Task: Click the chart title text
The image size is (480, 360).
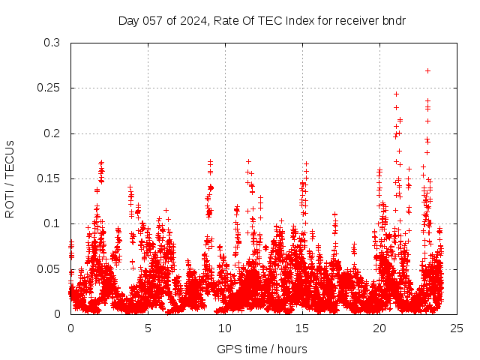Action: (262, 20)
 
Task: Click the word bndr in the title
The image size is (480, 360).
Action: (392, 20)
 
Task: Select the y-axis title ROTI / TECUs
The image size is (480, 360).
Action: (10, 178)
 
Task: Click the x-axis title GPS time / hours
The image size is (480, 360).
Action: (262, 349)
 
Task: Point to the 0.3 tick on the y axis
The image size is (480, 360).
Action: (52, 43)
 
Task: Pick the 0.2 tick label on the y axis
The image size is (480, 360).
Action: (52, 133)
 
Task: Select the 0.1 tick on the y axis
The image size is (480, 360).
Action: (52, 223)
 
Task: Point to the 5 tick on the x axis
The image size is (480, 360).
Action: (148, 328)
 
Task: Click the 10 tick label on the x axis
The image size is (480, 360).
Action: (225, 328)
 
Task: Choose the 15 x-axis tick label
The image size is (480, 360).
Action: (302, 328)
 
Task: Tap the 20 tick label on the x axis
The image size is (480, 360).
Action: (379, 328)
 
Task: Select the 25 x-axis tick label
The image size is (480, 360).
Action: (457, 328)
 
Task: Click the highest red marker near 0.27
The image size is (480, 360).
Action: (427, 70)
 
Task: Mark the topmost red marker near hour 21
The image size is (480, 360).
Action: (396, 94)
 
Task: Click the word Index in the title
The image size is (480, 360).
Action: (288, 20)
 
